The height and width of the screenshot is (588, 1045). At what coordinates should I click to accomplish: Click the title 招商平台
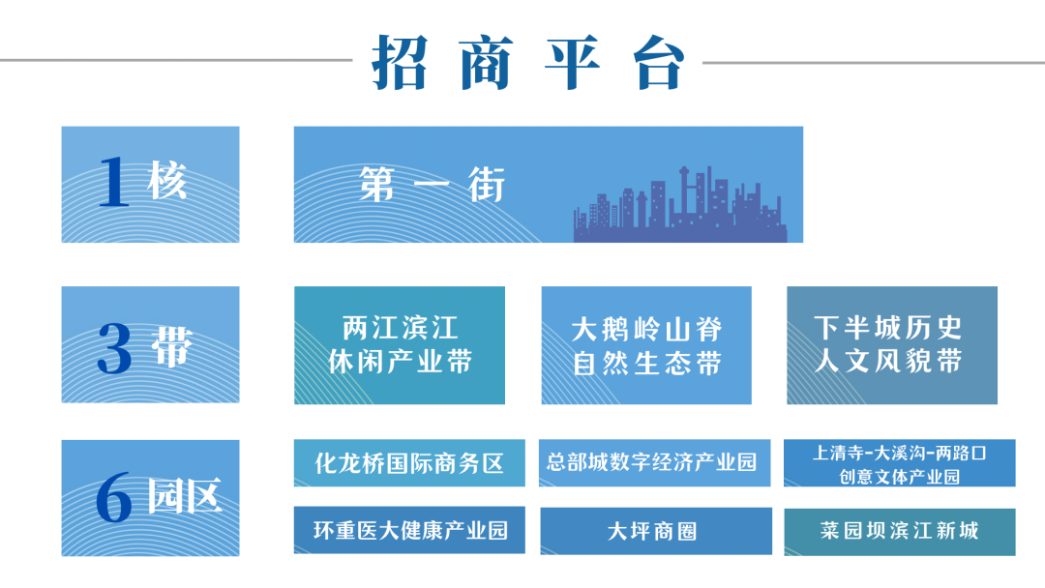pos(528,63)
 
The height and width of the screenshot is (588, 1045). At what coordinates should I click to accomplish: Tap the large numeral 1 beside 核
pos(113,182)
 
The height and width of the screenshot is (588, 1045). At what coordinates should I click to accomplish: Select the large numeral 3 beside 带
pos(114,347)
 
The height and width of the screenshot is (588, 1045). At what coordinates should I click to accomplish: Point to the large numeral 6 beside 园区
pos(114,497)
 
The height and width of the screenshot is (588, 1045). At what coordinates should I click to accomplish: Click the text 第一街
pos(432,185)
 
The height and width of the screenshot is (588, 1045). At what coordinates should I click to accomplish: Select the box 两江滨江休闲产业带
pos(400,345)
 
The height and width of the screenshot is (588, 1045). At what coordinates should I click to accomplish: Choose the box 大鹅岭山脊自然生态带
pos(646,345)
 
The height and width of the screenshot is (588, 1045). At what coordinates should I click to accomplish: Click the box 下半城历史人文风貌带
pos(892,345)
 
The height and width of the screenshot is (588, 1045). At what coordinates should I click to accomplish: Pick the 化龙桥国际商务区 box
pos(409,463)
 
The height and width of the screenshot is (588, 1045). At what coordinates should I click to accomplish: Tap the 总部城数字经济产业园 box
pos(654,463)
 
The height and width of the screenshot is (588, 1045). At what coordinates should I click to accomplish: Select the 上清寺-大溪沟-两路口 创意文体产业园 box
pos(900,463)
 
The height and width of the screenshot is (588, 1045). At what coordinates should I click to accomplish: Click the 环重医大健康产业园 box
pos(409,531)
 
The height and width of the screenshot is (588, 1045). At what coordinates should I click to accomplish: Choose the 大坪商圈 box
pos(656,531)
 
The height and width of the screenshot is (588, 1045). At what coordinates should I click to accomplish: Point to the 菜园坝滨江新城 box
pos(900,531)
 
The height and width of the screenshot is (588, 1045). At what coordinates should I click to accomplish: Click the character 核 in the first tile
pos(167,180)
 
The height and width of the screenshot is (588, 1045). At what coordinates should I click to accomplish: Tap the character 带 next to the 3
pos(172,346)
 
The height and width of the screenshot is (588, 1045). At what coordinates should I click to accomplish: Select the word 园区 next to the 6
pos(184,495)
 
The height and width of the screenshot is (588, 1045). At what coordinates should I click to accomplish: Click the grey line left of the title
pos(176,61)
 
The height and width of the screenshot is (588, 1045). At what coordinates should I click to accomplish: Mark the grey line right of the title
pos(874,63)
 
